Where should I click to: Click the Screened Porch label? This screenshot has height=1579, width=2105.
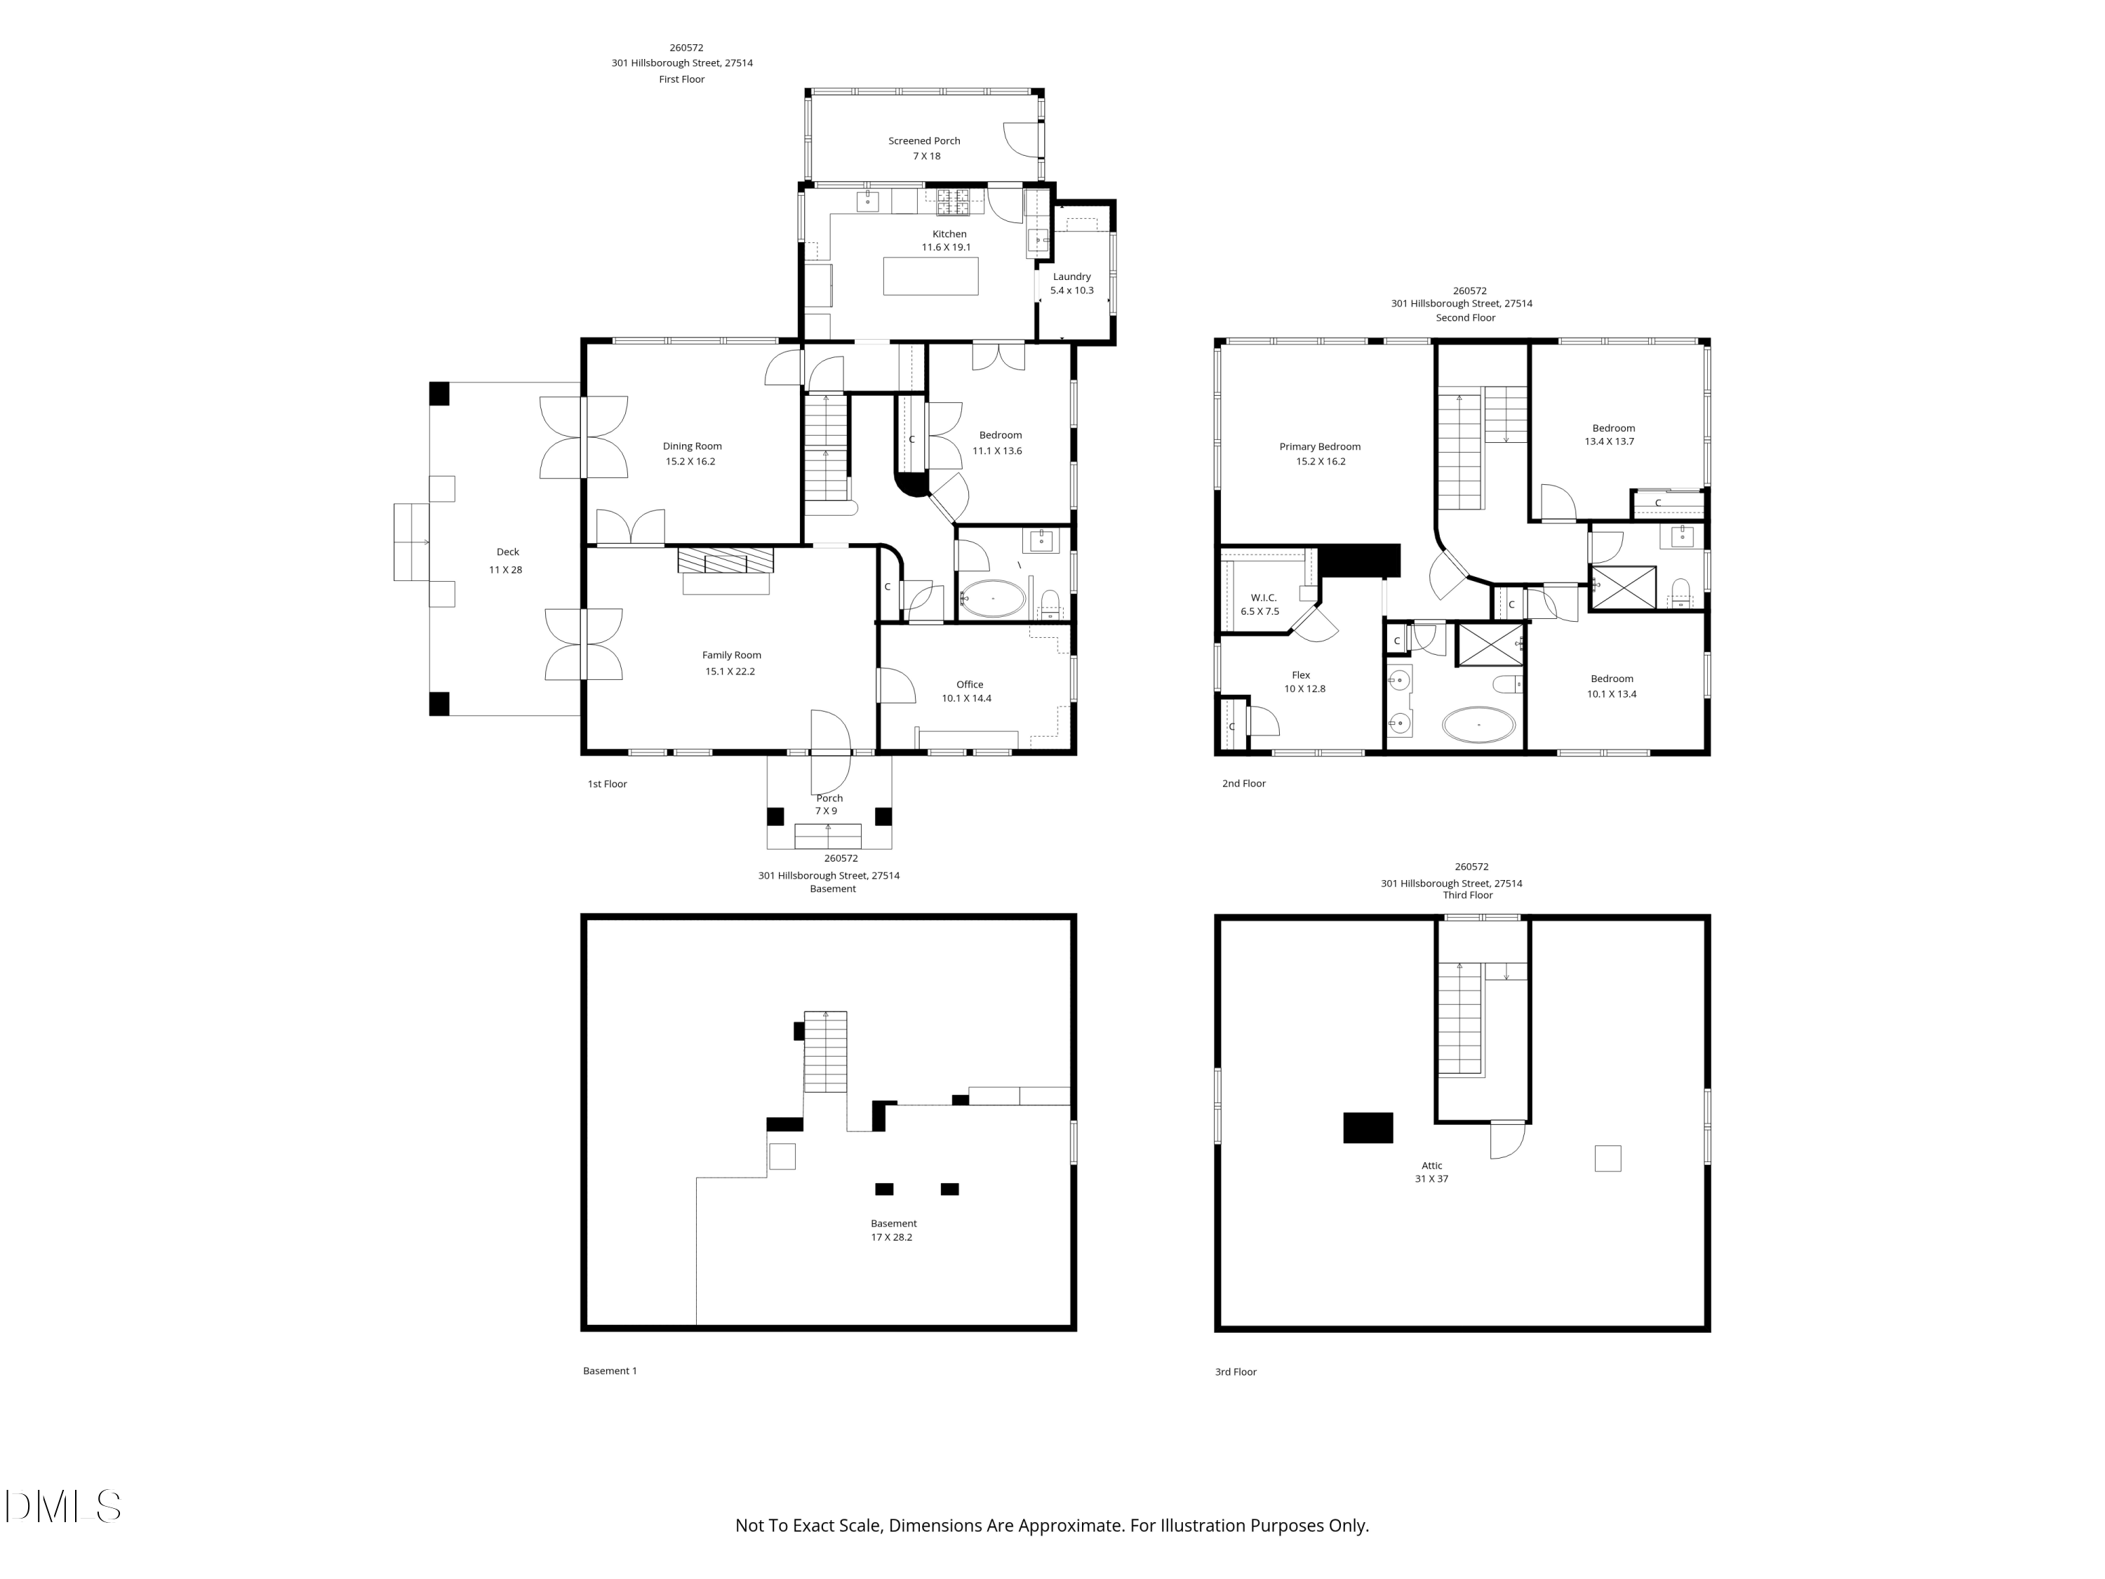[924, 141]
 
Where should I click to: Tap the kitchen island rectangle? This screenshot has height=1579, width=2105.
[930, 276]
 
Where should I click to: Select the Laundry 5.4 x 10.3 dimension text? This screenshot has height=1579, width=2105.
[1071, 291]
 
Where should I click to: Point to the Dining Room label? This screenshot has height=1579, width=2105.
[692, 446]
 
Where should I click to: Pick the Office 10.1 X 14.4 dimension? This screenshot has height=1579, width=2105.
[967, 698]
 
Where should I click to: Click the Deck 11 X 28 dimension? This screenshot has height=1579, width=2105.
[505, 570]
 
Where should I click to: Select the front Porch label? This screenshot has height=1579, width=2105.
[829, 799]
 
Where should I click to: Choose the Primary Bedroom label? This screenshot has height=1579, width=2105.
[1320, 447]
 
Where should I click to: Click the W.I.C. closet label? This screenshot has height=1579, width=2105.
[1264, 598]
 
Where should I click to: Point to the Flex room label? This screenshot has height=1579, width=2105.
[1301, 676]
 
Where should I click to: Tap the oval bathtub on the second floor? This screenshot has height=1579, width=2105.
[1479, 724]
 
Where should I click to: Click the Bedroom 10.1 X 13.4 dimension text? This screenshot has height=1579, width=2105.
[1612, 695]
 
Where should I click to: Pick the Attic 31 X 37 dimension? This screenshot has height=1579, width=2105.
[1431, 1179]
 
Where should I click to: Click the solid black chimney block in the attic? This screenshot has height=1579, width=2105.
[1368, 1128]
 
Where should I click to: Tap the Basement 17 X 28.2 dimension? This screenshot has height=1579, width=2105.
[892, 1238]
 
